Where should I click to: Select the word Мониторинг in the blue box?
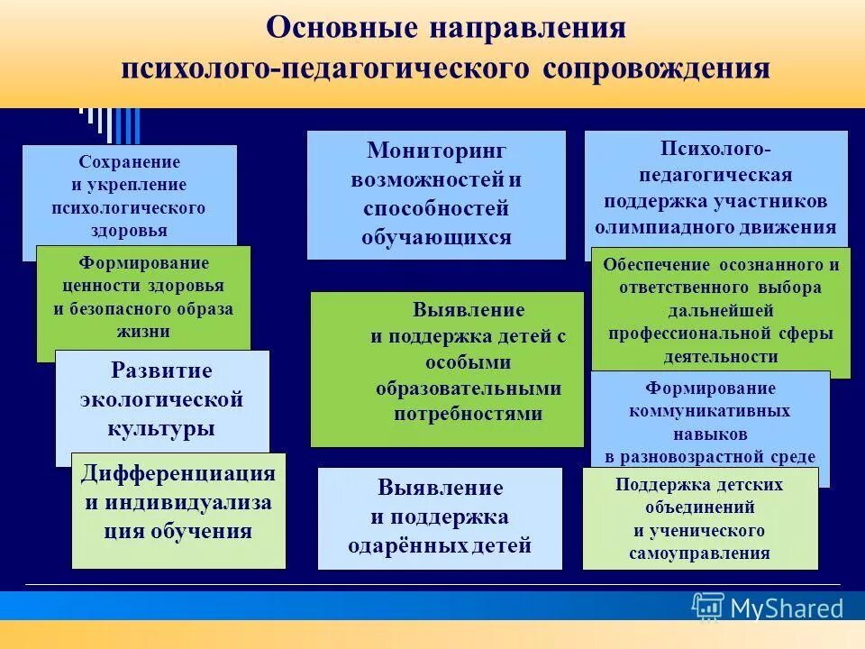point(436,150)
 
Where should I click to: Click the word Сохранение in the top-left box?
point(129,162)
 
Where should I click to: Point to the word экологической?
point(162,399)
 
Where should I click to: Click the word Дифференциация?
point(178,474)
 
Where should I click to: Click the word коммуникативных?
point(710,410)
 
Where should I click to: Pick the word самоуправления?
point(700,553)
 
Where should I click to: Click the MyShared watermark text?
point(786,608)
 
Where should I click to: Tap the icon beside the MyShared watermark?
point(708,607)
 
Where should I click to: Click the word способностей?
point(436,208)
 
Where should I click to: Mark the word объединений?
point(699,507)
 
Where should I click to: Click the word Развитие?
point(161,370)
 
